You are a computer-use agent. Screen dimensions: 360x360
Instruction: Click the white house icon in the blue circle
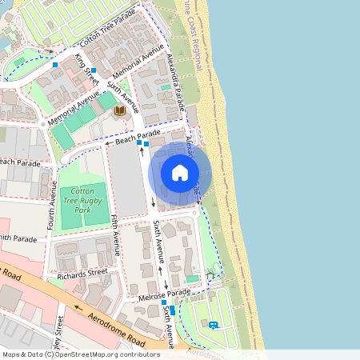coord(180,172)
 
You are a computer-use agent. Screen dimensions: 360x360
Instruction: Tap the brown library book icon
coord(120,110)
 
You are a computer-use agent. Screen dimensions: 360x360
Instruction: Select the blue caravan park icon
coord(213,325)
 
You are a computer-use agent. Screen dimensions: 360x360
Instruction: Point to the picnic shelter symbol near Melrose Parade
coord(211,276)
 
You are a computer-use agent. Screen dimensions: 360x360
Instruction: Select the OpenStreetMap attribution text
coord(80,354)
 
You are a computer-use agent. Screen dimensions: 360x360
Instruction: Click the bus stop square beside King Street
coord(94,70)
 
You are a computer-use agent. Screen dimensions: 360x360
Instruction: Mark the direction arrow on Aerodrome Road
coord(78,306)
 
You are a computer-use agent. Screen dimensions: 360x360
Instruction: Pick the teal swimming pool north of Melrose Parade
coord(192,278)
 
